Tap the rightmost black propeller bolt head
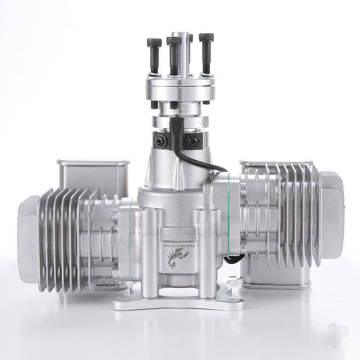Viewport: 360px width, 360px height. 206,38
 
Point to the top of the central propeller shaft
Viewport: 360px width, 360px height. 180,35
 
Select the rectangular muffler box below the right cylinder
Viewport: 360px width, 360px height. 270,270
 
